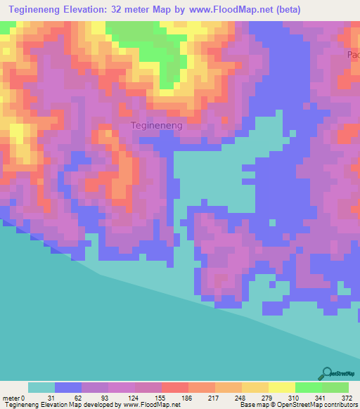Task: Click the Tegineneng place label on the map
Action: [157, 125]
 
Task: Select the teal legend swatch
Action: [41, 387]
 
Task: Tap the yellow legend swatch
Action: [255, 387]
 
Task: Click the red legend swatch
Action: [174, 387]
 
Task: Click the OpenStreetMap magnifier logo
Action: [326, 373]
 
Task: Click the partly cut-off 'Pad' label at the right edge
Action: [353, 54]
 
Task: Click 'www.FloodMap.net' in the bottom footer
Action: [148, 405]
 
